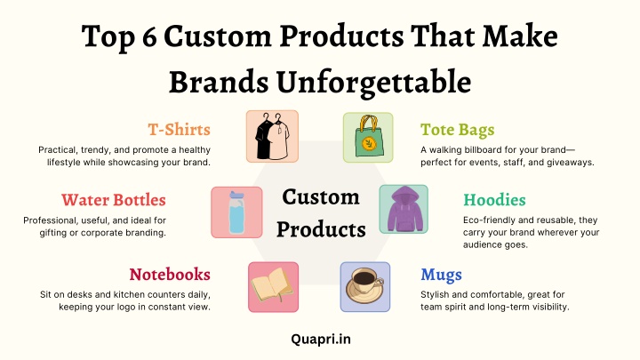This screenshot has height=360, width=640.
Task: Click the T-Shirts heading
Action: point(180,130)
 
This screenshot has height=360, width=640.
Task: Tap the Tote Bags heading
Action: point(458,130)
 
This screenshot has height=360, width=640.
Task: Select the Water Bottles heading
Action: point(114,200)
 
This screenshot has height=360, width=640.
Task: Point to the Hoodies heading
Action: point(494,200)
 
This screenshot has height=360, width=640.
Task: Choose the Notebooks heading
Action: point(170,275)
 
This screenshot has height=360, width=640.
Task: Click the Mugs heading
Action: point(441,275)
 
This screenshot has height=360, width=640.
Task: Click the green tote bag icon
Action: point(368,137)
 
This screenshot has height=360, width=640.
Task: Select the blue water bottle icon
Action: point(236,212)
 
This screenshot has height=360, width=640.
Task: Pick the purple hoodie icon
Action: point(404,209)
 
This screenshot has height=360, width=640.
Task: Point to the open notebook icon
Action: point(272,285)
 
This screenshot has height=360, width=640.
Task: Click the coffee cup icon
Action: point(365,285)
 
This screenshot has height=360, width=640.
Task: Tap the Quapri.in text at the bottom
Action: point(321,340)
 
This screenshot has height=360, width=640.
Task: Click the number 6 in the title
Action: point(150,36)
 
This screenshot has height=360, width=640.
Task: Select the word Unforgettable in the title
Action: point(373,82)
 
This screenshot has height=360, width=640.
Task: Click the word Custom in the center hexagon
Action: point(321,197)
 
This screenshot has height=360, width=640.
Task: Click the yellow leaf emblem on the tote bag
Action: point(368,143)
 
